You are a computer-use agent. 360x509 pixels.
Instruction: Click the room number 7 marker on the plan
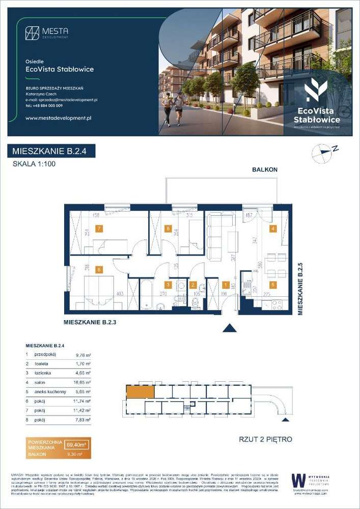coord(98,229)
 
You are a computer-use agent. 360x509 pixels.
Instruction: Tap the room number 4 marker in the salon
coord(273,229)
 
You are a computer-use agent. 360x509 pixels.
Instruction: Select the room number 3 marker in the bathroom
coord(168,285)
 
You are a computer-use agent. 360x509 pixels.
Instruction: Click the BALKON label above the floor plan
coord(265,169)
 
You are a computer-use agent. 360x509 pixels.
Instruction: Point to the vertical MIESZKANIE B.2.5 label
coord(300,289)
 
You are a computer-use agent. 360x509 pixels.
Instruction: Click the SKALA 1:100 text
coord(33,164)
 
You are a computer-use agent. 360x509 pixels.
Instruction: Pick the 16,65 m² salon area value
coord(82,382)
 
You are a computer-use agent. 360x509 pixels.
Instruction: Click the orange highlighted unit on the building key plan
coord(140,392)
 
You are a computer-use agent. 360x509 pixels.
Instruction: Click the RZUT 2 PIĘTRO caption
coord(265,439)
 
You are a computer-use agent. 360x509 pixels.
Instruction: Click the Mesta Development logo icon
coord(33,33)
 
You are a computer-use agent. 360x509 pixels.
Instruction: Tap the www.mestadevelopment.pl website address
coord(58,118)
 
